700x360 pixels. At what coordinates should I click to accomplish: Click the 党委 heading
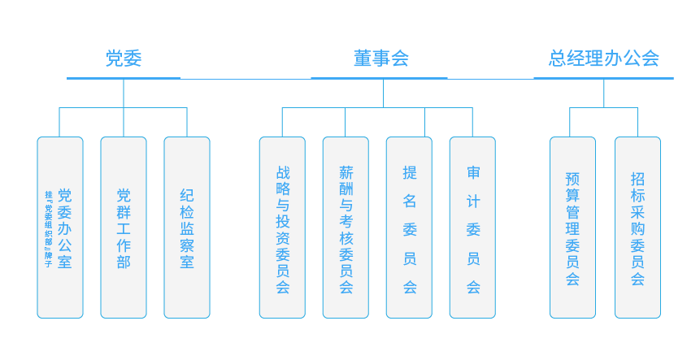click(124, 59)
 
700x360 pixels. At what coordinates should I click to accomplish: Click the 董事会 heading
click(380, 59)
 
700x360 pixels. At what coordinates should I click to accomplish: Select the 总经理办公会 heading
click(603, 59)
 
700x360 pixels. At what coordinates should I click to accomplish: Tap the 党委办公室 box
click(60, 228)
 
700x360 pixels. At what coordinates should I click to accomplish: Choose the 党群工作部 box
click(124, 228)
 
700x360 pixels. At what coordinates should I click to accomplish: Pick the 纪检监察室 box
click(187, 228)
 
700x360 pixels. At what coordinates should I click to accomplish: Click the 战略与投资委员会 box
click(282, 228)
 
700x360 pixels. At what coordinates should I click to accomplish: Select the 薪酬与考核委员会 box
click(346, 228)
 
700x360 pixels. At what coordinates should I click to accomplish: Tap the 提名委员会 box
click(409, 228)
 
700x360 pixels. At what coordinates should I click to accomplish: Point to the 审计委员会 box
click(472, 228)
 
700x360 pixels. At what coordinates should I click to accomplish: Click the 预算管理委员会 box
click(572, 228)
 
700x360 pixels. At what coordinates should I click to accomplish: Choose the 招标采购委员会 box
click(637, 228)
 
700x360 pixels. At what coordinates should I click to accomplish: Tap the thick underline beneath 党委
click(124, 78)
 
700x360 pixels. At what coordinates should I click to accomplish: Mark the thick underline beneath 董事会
click(379, 78)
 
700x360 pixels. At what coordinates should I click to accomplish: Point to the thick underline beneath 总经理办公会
click(603, 78)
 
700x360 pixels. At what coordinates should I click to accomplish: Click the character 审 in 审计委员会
click(473, 172)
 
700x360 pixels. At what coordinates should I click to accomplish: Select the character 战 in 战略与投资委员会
click(283, 172)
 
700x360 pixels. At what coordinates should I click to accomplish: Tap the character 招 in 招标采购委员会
click(637, 177)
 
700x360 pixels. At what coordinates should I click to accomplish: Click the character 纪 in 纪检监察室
click(187, 195)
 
